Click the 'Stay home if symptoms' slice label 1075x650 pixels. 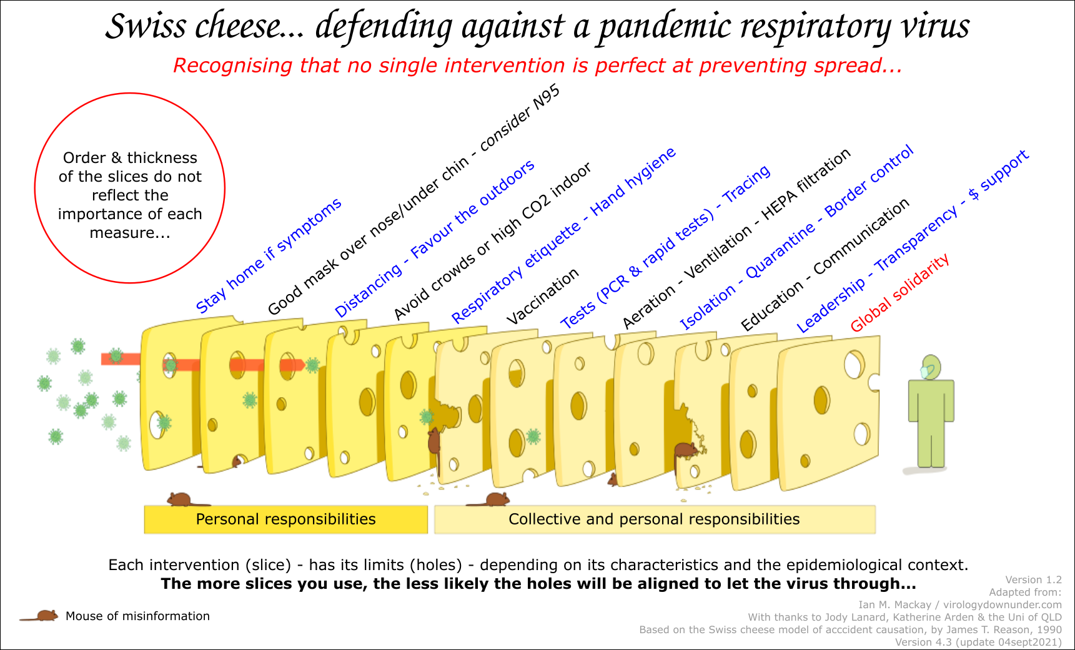point(269,255)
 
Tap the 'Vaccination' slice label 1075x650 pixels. point(542,297)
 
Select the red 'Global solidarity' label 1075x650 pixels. point(899,292)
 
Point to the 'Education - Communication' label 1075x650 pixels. point(825,265)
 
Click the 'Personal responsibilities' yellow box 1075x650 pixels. point(286,520)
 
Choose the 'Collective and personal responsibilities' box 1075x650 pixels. point(655,520)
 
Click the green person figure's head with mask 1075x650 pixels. point(930,368)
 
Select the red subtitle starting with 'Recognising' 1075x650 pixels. point(538,66)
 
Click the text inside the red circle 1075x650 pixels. point(130,195)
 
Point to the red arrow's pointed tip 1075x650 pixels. point(305,365)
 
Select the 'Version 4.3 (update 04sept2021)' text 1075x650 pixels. point(978,642)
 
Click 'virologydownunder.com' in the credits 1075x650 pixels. point(1003,604)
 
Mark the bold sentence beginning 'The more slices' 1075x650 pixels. point(538,584)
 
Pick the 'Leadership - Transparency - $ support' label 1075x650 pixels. point(912,241)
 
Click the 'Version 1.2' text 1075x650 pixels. point(1033,579)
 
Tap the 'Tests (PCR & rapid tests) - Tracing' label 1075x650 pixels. point(665,247)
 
